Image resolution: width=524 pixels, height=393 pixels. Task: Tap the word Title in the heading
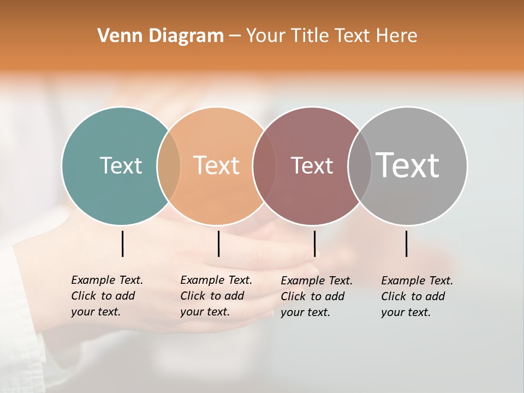click(x=309, y=36)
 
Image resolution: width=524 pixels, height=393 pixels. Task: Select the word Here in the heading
click(x=397, y=36)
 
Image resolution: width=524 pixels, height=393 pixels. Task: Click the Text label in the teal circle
click(x=121, y=165)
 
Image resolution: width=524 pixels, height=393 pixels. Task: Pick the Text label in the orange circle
click(x=217, y=165)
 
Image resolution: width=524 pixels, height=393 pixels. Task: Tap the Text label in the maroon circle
click(x=312, y=166)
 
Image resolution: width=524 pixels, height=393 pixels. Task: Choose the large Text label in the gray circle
click(x=408, y=165)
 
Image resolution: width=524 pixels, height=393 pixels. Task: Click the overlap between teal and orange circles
click(x=169, y=165)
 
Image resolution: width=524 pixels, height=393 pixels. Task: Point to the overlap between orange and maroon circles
click(x=264, y=165)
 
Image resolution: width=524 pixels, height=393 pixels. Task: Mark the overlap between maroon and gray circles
click(x=359, y=165)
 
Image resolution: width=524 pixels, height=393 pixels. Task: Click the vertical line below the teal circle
click(x=122, y=243)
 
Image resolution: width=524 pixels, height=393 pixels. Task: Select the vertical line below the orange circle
click(x=218, y=243)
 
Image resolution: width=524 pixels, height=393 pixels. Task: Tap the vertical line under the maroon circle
click(x=314, y=243)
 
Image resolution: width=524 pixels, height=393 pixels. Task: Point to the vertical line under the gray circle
click(x=407, y=243)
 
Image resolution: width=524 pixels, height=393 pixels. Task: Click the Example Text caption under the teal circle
click(x=106, y=296)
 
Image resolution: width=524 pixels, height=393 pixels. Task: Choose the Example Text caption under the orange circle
click(x=216, y=296)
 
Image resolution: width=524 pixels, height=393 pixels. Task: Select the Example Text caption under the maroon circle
click(x=316, y=296)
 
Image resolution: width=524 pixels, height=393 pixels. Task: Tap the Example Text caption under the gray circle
click(x=416, y=296)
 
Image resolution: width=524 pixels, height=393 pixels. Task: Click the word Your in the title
click(x=265, y=36)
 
